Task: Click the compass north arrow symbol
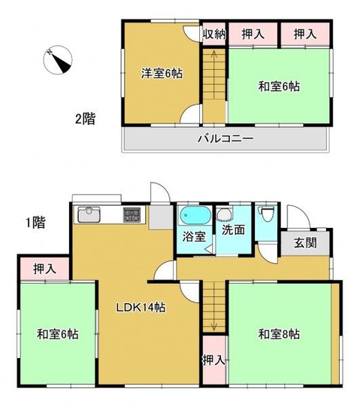pos(58,61)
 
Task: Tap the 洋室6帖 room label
pos(160,74)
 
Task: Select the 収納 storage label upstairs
pos(214,33)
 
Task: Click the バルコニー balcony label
pos(225,138)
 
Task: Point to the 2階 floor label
pos(84,117)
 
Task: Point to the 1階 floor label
pos(35,222)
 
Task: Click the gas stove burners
pos(133,214)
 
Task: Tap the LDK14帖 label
pos(140,307)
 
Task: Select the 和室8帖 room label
pos(278,333)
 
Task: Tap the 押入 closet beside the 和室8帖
pos(213,359)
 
